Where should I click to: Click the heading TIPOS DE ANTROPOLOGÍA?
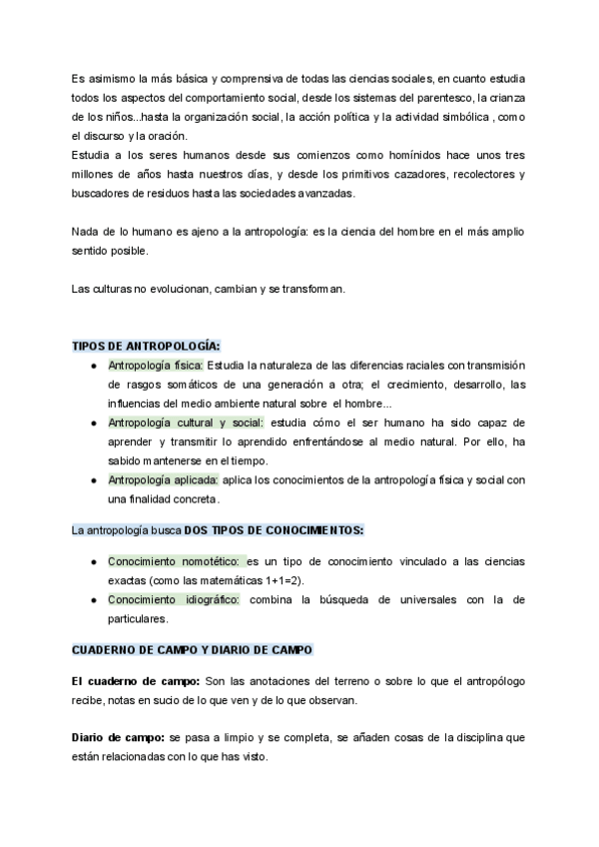[146, 346]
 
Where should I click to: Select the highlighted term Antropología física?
[155, 365]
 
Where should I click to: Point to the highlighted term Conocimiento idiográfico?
[174, 599]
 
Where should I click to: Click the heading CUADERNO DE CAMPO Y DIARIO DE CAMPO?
[192, 649]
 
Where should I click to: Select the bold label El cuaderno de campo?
[134, 681]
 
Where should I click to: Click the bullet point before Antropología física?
[93, 366]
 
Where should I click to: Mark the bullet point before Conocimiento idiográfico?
[93, 600]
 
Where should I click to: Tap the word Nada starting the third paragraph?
[86, 232]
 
